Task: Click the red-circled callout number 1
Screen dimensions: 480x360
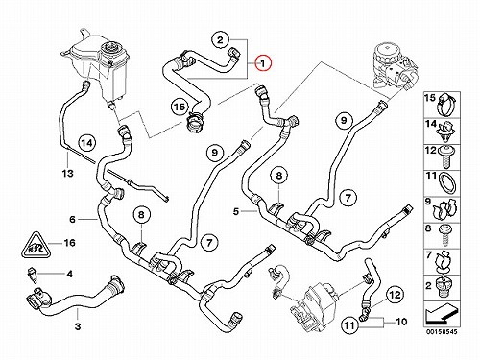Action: (x=263, y=63)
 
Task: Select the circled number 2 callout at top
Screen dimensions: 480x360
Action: (x=220, y=40)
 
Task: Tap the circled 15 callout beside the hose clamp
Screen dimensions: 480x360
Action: (x=180, y=107)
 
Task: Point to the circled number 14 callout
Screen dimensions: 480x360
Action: (x=87, y=143)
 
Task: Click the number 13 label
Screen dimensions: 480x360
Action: (x=68, y=173)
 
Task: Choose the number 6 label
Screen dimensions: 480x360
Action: (x=73, y=219)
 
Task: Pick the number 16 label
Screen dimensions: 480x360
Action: (x=69, y=243)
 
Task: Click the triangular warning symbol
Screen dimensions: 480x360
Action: (x=35, y=245)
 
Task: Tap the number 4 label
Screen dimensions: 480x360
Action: (x=69, y=274)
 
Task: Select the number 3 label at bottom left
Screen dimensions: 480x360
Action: (x=78, y=326)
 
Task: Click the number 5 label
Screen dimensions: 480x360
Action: (x=236, y=211)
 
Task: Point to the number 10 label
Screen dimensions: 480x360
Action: (x=401, y=322)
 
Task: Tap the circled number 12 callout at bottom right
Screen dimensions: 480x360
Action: (x=395, y=295)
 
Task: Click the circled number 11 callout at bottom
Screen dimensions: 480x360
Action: (x=349, y=325)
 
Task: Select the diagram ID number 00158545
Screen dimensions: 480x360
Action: (x=442, y=331)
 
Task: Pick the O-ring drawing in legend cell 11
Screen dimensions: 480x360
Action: (x=447, y=183)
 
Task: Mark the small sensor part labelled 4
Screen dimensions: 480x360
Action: (x=33, y=275)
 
